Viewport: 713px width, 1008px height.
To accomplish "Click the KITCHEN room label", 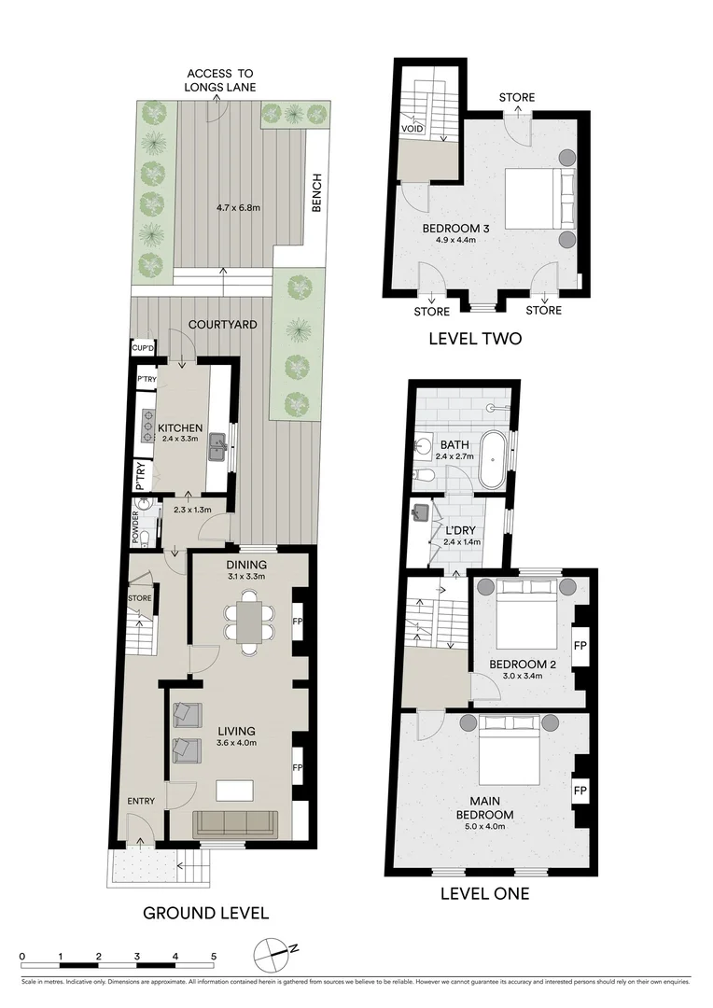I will point(181,427).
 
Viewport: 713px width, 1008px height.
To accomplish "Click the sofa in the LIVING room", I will point(235,823).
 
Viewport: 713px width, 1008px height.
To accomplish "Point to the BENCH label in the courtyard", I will point(317,193).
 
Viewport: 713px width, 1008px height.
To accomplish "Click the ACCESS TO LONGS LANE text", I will point(220,80).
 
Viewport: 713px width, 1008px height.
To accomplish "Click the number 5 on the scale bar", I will point(214,956).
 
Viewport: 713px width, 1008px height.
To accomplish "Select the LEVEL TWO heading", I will point(475,339).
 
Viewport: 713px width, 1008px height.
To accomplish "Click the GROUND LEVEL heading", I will point(205,913).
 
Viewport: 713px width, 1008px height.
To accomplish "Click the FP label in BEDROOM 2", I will point(580,645).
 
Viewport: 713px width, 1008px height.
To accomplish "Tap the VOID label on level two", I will point(412,129).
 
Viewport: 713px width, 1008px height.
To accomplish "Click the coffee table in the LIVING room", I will point(234,790).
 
